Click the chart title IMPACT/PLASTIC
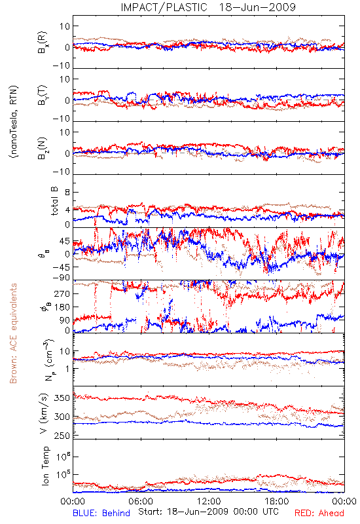(x=164, y=7)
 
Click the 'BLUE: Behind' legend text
(x=101, y=513)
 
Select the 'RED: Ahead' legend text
(x=319, y=513)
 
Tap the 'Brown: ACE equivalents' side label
(x=13, y=333)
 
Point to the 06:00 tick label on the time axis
(x=141, y=501)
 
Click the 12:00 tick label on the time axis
(x=209, y=501)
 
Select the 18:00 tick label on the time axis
(x=277, y=501)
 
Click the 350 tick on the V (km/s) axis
(x=62, y=398)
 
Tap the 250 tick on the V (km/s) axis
(x=62, y=436)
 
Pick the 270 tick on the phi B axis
(x=62, y=293)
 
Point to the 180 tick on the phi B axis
(x=62, y=307)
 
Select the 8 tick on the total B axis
(x=67, y=193)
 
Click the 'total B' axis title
(x=54, y=201)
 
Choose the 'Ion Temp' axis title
(x=45, y=466)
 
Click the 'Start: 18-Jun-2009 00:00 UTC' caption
(x=208, y=512)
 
